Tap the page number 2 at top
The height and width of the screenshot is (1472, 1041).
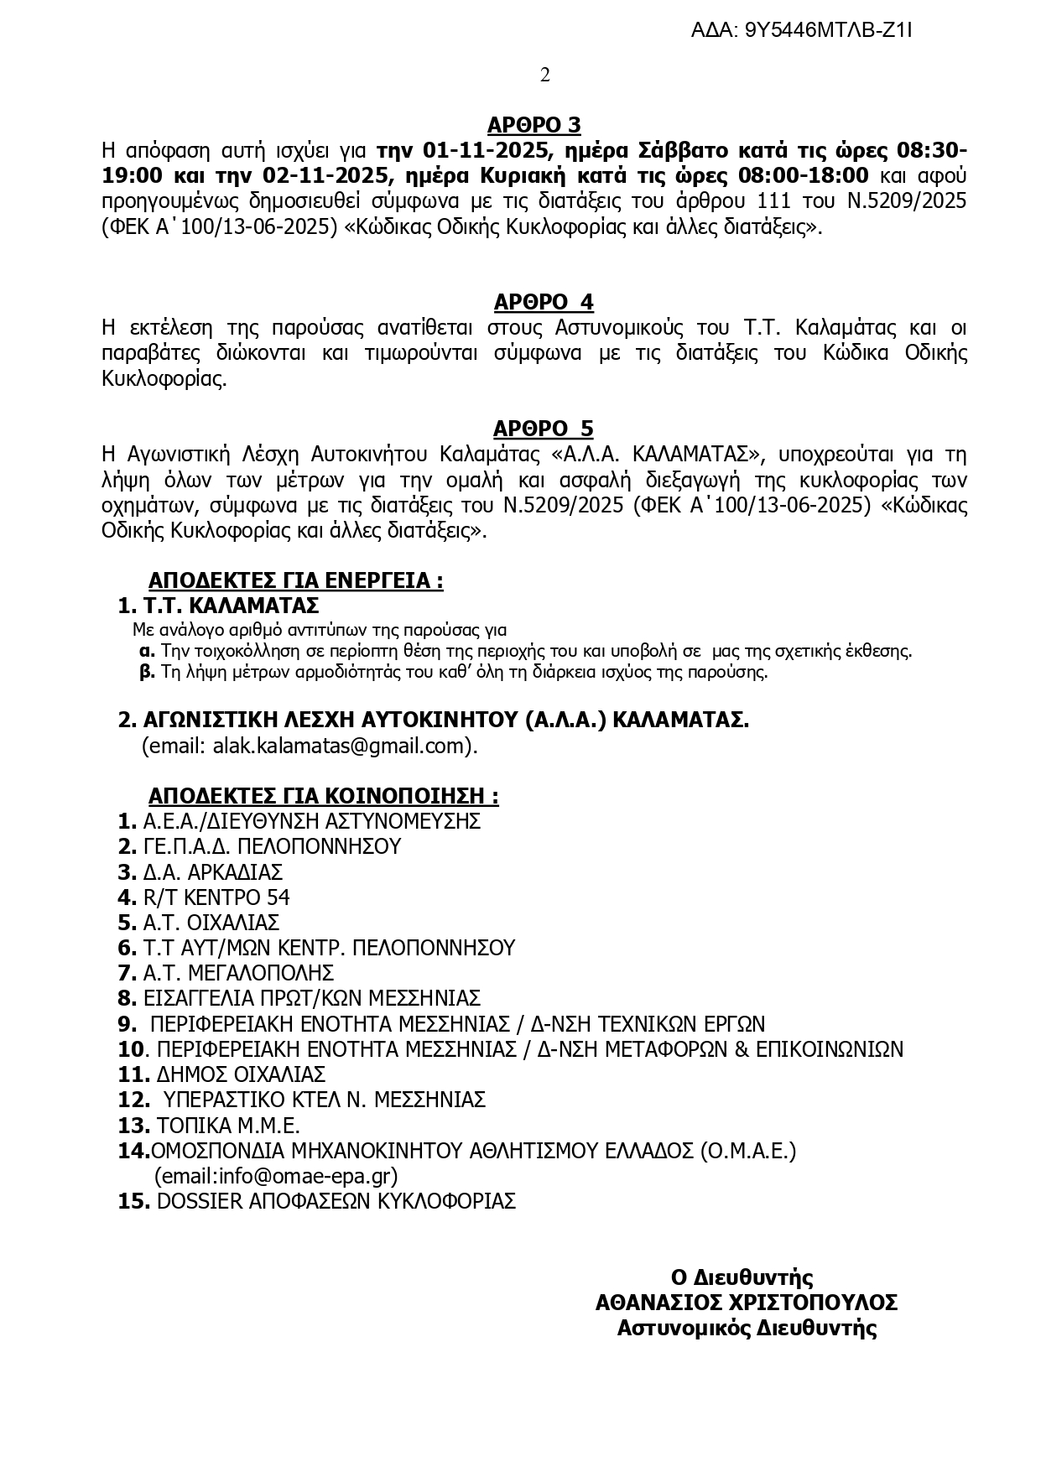pyautogui.click(x=545, y=75)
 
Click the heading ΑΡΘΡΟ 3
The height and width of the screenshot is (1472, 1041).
pyautogui.click(x=534, y=126)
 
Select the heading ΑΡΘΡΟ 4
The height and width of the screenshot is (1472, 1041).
pyautogui.click(x=543, y=302)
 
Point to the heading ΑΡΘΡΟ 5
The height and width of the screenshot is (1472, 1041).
pyautogui.click(x=543, y=429)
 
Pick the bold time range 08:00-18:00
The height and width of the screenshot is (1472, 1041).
pyautogui.click(x=803, y=176)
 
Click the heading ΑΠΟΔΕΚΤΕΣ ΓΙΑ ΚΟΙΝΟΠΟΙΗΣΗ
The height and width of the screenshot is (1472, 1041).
pyautogui.click(x=323, y=795)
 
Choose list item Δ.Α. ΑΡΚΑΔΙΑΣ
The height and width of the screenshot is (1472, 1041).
pyautogui.click(x=212, y=871)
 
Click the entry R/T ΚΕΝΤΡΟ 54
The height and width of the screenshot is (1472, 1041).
pyautogui.click(x=216, y=897)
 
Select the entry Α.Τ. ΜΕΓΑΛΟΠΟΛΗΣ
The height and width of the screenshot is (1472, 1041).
pyautogui.click(x=238, y=973)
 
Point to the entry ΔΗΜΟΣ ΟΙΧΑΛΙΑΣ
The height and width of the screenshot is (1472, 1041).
pyautogui.click(x=241, y=1074)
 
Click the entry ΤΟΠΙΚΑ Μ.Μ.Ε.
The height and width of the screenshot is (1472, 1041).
pyautogui.click(x=228, y=1126)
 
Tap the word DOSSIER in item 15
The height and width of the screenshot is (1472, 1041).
pyautogui.click(x=200, y=1201)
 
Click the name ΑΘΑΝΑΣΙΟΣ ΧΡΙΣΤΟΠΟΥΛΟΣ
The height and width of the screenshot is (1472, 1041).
pyautogui.click(x=746, y=1303)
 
